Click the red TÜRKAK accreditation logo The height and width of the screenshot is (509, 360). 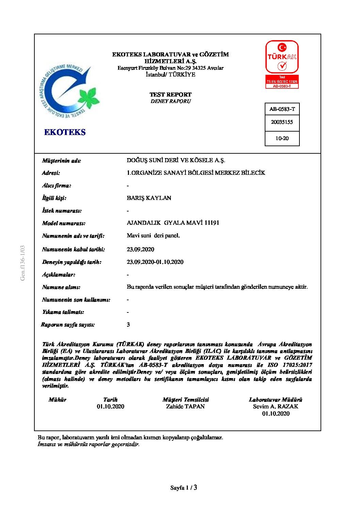282,64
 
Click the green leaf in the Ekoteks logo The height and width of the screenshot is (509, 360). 88,97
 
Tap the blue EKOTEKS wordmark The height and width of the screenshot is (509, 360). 65,132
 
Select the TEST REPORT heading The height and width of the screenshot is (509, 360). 170,95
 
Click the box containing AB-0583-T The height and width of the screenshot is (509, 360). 282,109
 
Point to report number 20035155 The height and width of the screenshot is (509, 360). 282,122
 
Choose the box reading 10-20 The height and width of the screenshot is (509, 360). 282,138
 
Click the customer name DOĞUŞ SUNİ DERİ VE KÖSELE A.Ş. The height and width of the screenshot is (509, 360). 176,160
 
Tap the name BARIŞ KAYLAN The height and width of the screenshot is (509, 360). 149,198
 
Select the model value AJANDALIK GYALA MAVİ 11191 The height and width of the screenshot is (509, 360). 173,223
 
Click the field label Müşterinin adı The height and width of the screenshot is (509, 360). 62,160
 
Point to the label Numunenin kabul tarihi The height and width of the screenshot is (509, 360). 73,249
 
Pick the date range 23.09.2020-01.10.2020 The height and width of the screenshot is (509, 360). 155,262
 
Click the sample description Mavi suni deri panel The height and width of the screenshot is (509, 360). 153,235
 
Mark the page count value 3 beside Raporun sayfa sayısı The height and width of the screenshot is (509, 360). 128,324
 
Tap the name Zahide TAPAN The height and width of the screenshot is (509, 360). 185,406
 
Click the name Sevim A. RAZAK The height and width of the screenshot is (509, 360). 276,406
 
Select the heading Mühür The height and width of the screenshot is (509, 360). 58,400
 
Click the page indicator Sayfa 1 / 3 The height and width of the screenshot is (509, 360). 184,488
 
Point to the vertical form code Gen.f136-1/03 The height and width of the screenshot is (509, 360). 23,263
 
